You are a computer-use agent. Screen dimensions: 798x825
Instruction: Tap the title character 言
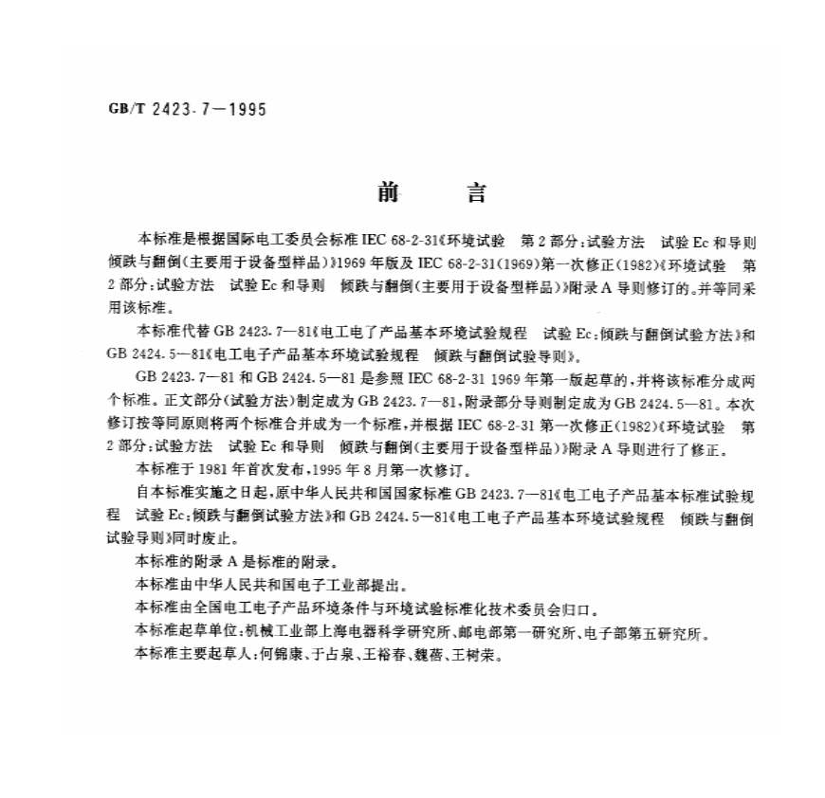coord(476,193)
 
